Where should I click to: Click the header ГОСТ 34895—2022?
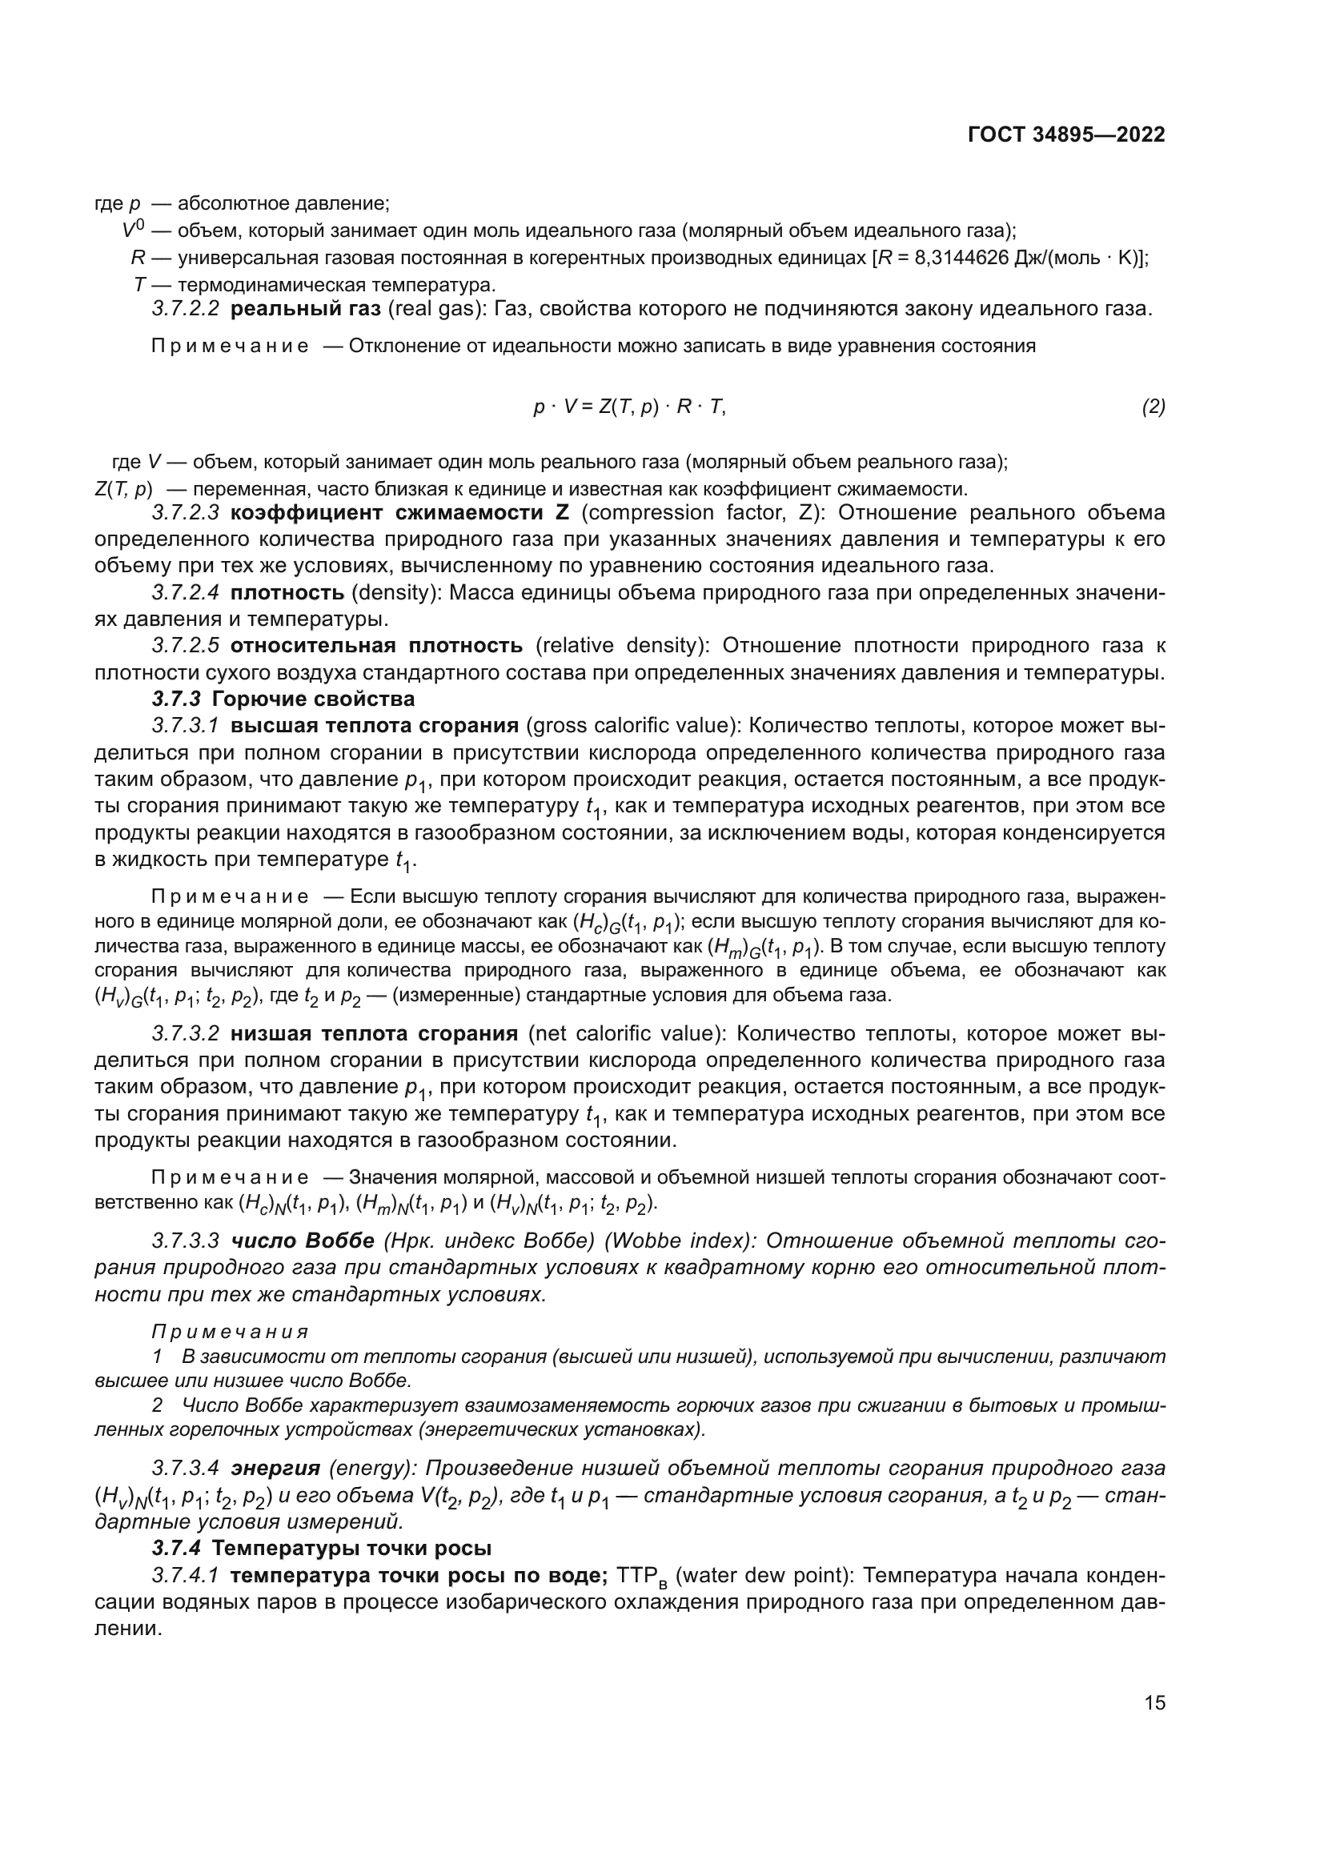coord(1065,135)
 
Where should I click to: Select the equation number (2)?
coord(1153,407)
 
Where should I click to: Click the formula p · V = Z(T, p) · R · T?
coord(629,407)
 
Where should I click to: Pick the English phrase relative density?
coord(620,646)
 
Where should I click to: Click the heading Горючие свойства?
coord(313,699)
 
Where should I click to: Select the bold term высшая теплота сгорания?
coord(375,726)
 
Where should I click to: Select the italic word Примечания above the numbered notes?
coord(231,1332)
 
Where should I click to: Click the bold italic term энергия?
coord(275,1469)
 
